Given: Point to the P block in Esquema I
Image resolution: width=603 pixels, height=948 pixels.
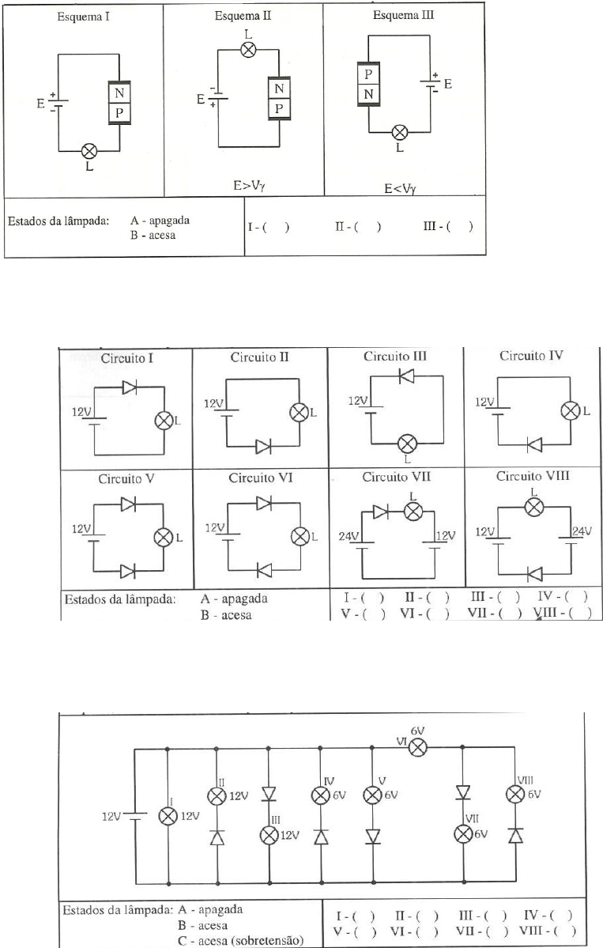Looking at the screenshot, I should (119, 112).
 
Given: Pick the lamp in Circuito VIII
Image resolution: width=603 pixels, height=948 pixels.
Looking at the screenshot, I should (534, 504).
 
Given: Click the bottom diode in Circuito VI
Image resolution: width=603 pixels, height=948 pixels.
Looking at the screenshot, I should (262, 568).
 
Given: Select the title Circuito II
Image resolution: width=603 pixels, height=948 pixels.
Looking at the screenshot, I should (259, 357).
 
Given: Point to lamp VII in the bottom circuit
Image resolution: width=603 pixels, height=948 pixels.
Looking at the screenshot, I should (463, 834).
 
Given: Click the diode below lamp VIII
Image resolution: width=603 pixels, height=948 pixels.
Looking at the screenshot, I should (514, 836).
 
